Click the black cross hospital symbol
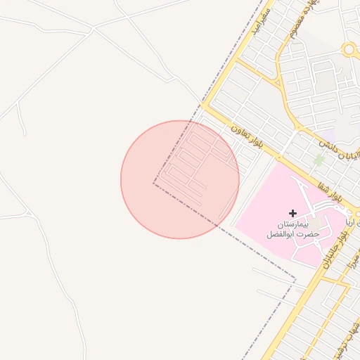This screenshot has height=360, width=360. pyautogui.click(x=292, y=213)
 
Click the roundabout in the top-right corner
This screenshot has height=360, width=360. pyautogui.click(x=349, y=49)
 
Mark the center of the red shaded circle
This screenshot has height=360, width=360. pyautogui.click(x=180, y=179)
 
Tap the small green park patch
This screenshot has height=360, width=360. pyautogui.click(x=319, y=160)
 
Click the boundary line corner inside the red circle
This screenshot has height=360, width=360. pyautogui.click(x=154, y=183)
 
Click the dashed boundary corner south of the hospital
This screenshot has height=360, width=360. pyautogui.click(x=295, y=285)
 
